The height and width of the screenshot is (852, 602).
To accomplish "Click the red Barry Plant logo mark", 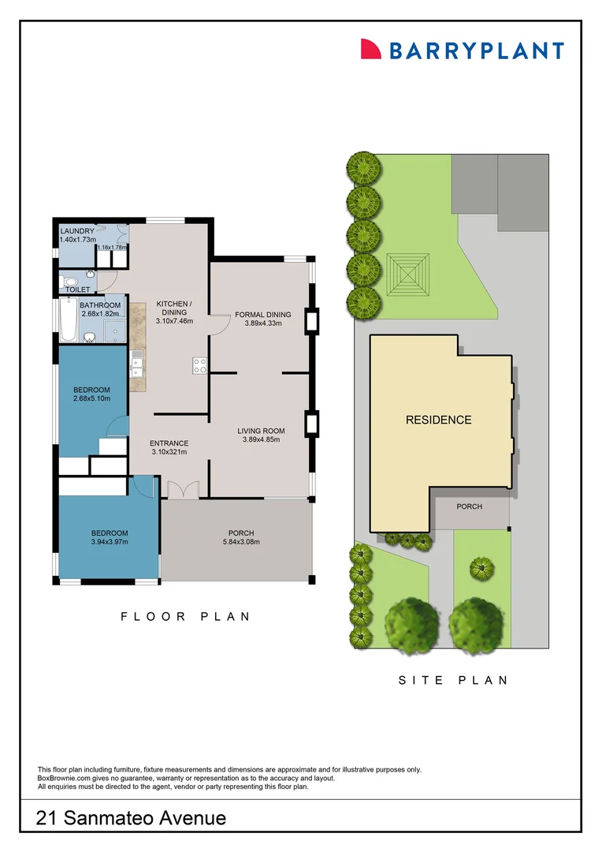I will pyautogui.click(x=370, y=49).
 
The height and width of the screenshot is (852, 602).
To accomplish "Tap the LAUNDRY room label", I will pyautogui.click(x=76, y=231).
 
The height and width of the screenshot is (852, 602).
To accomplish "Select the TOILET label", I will pyautogui.click(x=77, y=290).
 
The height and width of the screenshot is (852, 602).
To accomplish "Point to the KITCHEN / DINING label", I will pyautogui.click(x=174, y=308).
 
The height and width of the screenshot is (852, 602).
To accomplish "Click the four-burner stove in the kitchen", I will pyautogui.click(x=200, y=364).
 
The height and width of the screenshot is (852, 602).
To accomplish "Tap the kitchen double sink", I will pyautogui.click(x=136, y=364).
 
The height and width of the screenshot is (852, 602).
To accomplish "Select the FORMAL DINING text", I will pyautogui.click(x=262, y=315).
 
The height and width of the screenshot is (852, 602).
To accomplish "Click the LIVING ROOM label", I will pyautogui.click(x=261, y=431).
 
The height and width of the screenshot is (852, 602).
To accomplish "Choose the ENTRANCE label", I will pyautogui.click(x=169, y=443).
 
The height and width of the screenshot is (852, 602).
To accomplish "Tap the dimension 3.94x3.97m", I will pyautogui.click(x=110, y=542).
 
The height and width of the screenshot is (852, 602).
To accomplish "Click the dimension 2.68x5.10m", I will pyautogui.click(x=91, y=398).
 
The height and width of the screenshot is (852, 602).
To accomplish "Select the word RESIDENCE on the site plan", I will pyautogui.click(x=438, y=420).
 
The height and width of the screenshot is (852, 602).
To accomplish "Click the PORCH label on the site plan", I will pyautogui.click(x=469, y=506).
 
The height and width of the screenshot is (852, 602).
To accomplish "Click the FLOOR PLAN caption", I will pyautogui.click(x=185, y=617).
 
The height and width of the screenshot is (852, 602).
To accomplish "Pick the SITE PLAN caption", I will pyautogui.click(x=452, y=680).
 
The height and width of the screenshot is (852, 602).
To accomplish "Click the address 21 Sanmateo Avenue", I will pyautogui.click(x=131, y=818).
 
